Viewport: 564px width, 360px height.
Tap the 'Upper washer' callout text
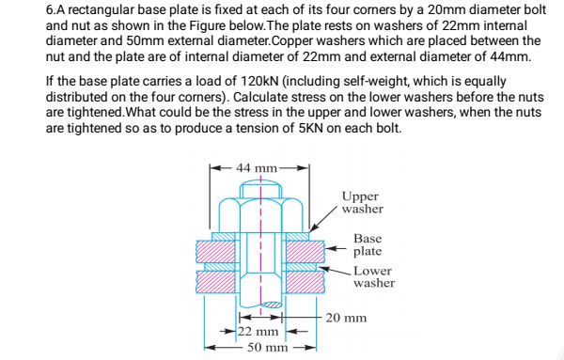coord(362,203)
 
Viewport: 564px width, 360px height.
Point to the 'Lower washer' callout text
coord(374,276)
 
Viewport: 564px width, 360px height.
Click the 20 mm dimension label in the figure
coord(346,318)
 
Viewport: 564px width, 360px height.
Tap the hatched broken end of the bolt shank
coord(273,305)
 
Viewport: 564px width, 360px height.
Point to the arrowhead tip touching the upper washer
coord(309,234)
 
